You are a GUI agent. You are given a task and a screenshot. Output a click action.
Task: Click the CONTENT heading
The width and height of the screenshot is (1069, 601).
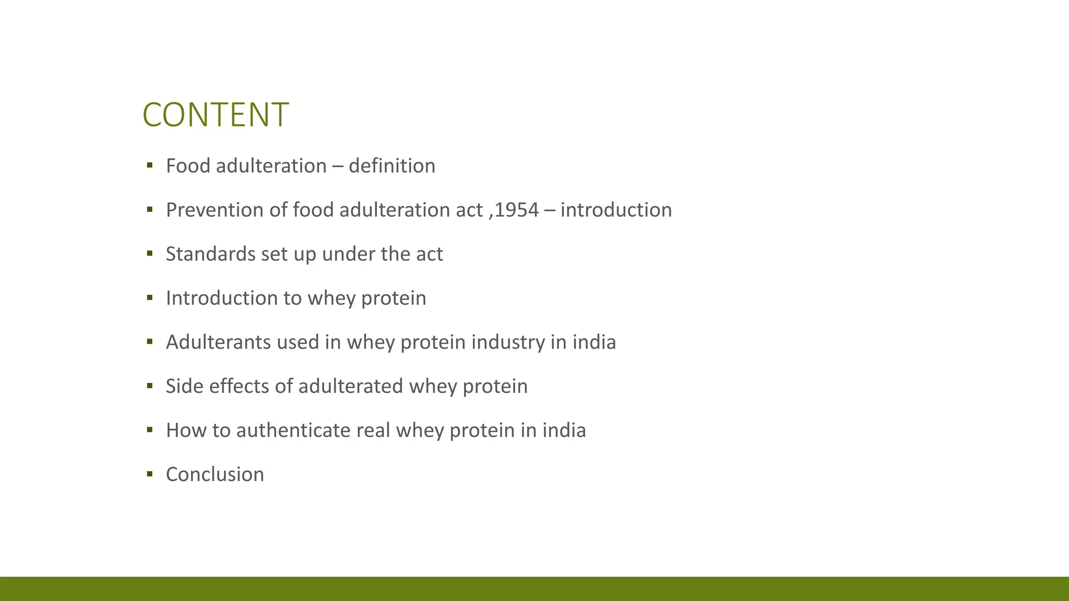[x=215, y=115]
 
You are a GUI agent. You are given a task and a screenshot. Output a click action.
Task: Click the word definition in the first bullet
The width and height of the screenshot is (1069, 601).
[x=391, y=166]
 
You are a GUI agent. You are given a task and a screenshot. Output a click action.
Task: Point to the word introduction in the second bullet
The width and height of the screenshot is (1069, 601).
[x=616, y=210]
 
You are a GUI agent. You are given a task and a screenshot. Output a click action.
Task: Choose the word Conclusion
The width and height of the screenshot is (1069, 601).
[x=215, y=475]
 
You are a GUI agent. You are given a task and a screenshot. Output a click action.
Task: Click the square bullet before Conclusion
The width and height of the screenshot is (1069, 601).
[x=150, y=474]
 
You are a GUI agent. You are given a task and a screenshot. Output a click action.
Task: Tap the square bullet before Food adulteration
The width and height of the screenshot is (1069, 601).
[x=150, y=165]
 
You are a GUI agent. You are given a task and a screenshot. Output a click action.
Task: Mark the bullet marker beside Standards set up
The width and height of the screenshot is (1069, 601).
[x=150, y=254]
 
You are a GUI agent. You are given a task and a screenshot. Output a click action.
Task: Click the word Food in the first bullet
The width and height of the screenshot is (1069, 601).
[x=188, y=166]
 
